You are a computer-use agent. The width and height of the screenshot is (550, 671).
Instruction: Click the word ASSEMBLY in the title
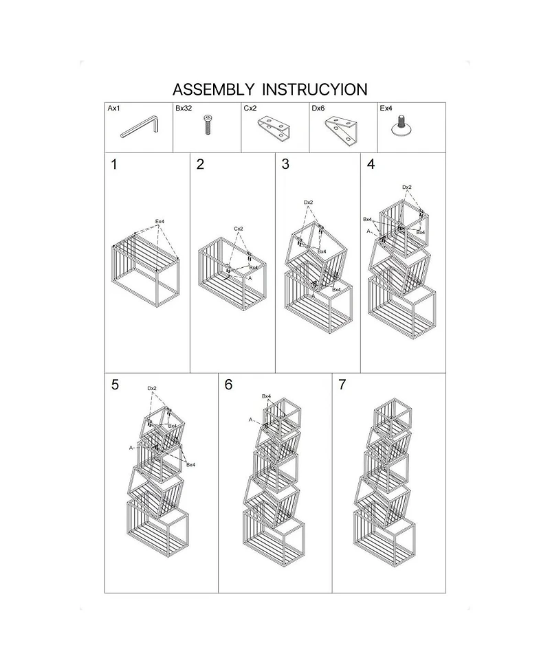point(212,89)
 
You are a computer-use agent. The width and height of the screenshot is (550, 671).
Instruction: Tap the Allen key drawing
point(140,128)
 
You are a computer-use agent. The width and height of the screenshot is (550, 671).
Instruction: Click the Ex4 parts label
point(386,109)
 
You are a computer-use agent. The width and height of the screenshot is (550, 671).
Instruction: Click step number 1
point(114,165)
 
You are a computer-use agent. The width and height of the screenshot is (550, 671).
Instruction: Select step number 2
point(200,165)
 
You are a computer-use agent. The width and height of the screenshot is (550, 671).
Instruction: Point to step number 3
point(285,165)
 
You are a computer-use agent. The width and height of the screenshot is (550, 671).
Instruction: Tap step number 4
point(371,165)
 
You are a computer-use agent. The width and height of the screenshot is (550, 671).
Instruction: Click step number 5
point(115,385)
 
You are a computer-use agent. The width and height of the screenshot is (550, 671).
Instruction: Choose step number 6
point(228,385)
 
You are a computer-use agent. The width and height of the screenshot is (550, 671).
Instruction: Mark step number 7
point(342,385)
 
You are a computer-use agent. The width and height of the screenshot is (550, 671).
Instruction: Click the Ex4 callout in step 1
point(159,221)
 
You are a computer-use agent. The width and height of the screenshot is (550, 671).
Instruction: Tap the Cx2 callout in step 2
point(239,229)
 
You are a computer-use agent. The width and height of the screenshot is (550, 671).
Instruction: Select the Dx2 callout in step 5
point(153,389)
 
